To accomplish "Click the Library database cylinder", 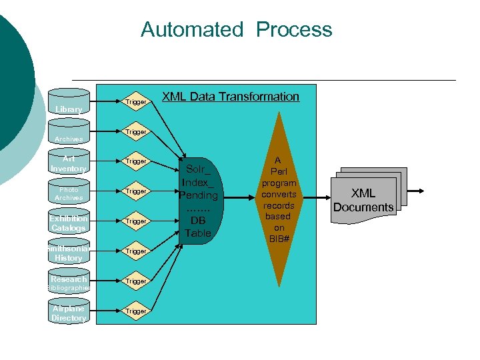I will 69,103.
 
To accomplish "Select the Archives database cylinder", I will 69,133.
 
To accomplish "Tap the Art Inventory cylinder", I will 69,163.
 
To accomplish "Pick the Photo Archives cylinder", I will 69,193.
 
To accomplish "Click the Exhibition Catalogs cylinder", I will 69,223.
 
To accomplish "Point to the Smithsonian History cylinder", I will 69,253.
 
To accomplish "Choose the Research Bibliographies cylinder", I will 69,283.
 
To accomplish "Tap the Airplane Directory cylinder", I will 69,313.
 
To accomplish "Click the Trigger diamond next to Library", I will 136,102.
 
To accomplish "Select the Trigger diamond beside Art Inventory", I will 136,161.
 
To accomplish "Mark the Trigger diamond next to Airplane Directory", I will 136,311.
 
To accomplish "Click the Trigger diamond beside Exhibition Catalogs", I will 136,221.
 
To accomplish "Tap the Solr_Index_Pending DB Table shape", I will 198,201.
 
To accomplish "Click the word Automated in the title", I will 192,29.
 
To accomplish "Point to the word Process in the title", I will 294,29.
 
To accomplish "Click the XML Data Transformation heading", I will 231,97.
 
